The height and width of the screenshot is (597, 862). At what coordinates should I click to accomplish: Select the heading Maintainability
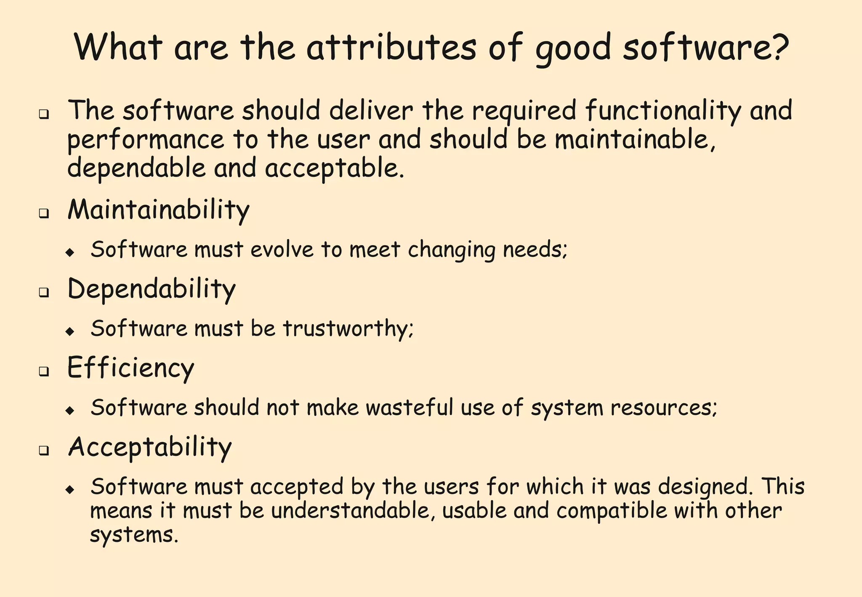coord(158,210)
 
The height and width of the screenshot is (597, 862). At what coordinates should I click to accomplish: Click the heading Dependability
coord(152,289)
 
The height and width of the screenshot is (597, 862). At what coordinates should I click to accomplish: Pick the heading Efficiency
coord(130,368)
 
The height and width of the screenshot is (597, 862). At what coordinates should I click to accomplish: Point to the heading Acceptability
coord(150,447)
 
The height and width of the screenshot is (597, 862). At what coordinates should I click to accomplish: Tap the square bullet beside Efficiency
coord(43,372)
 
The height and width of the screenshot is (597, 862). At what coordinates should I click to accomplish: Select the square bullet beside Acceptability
coord(43,451)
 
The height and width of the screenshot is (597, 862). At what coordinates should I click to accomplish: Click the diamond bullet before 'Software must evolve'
coord(70,253)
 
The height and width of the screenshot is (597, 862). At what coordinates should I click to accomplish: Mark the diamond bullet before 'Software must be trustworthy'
coord(70,331)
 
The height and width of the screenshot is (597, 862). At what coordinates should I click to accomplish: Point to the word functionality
coord(662,111)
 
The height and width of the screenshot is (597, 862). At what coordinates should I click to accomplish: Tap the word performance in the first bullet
coord(146,140)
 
